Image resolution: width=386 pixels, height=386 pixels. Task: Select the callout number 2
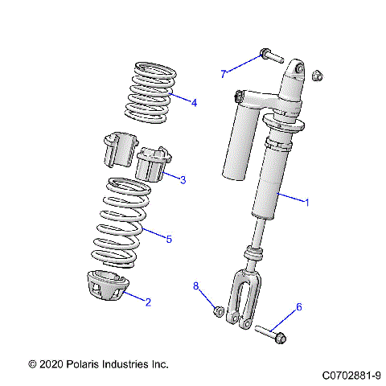tap(147, 302)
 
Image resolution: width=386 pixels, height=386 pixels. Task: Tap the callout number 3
tap(183, 179)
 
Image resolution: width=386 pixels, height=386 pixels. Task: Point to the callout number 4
tap(194, 102)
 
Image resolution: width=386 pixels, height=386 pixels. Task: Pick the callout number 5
tap(169, 238)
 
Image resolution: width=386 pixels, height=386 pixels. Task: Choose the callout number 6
tap(299, 307)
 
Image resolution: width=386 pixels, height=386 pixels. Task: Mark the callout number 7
tap(224, 74)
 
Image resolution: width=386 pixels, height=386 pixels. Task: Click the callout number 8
tap(195, 286)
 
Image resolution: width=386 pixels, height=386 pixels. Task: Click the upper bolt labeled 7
tap(269, 56)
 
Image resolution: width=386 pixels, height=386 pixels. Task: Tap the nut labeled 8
tap(217, 310)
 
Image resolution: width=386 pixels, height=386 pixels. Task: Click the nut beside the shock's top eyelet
tap(317, 75)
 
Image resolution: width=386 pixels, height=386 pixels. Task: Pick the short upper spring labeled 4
tap(150, 92)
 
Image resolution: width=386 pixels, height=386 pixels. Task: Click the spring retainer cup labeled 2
tap(105, 286)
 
